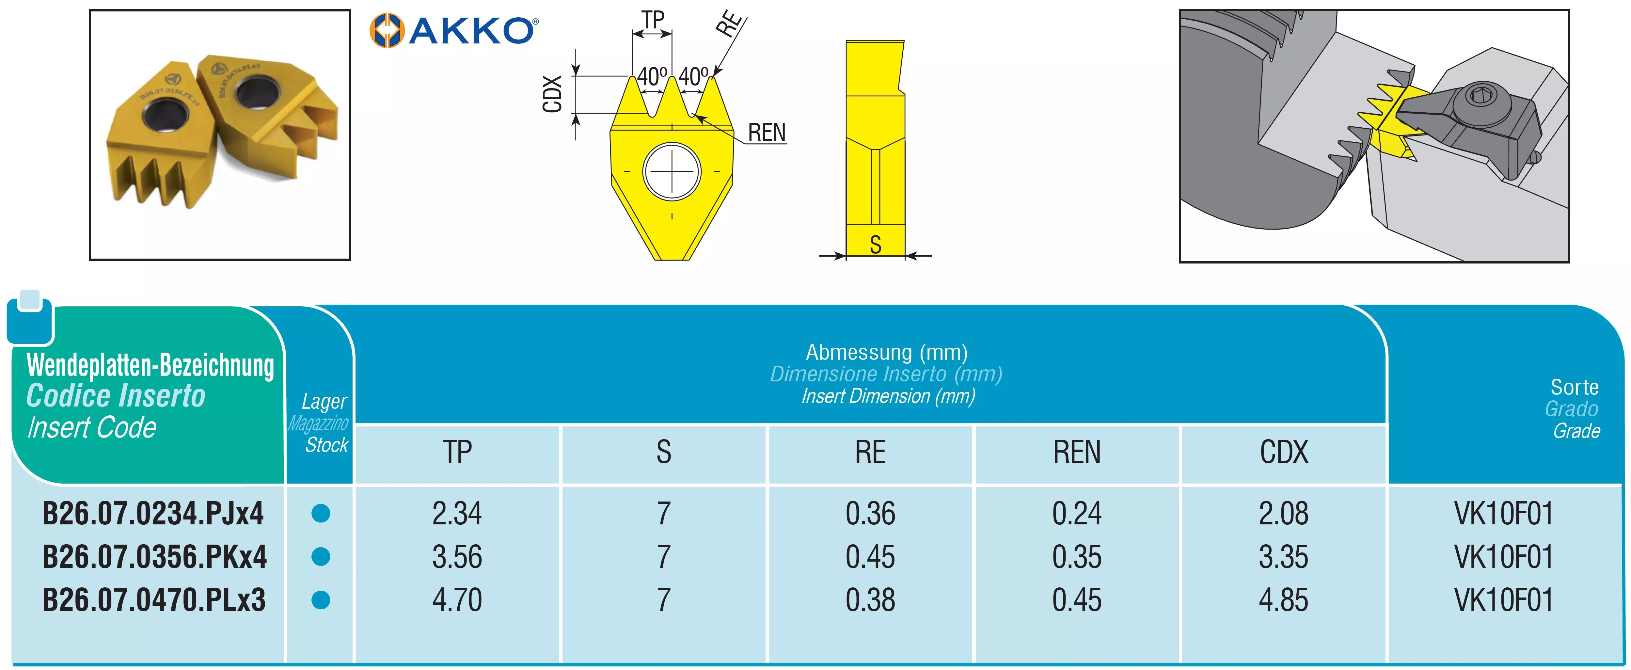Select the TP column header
(457, 452)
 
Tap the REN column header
(1077, 452)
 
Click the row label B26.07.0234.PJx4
(153, 513)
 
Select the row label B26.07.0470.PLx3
(154, 600)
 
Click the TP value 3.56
(457, 557)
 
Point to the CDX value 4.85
(1283, 600)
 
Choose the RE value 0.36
(871, 513)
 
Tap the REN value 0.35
(1077, 557)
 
